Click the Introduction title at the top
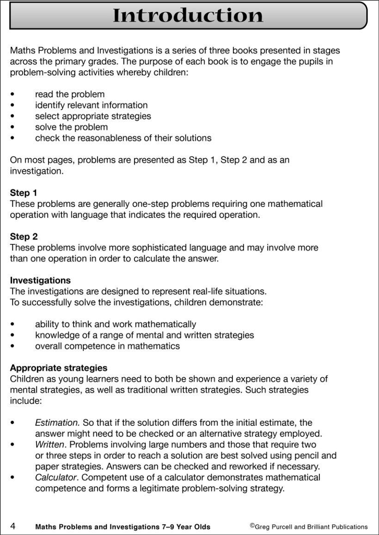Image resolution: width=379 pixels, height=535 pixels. tap(188, 15)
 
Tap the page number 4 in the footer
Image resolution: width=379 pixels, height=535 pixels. tap(13, 526)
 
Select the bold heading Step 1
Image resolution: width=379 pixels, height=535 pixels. tap(24, 193)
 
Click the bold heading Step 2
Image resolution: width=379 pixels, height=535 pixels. tap(24, 236)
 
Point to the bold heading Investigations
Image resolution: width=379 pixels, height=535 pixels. tap(40, 280)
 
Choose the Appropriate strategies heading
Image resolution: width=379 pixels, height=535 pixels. tap(59, 368)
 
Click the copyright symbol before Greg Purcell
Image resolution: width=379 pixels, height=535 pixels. tap(252, 525)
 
